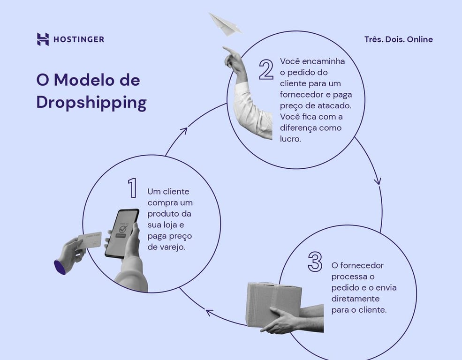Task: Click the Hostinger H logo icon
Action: pos(43,39)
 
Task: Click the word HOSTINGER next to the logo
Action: pos(78,39)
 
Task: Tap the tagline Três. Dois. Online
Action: pos(398,39)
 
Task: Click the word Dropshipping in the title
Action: pos(91,103)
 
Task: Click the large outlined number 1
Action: pos(132,188)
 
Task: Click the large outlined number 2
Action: pos(266,69)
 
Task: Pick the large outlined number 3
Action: pos(315,262)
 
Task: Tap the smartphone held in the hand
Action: pos(121,233)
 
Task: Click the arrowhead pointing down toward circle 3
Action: pos(378,181)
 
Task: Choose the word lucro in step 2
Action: pos(290,139)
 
